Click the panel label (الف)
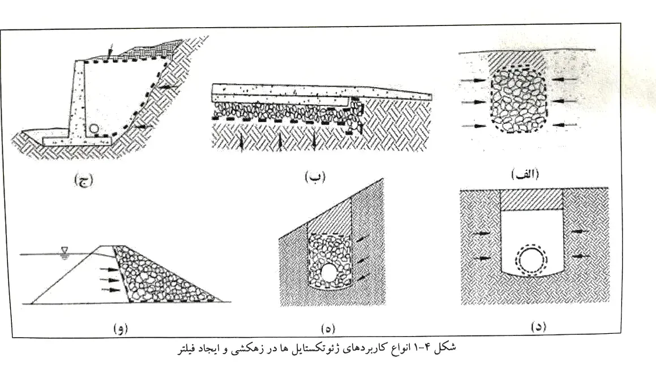coord(525,174)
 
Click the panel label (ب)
coord(315,177)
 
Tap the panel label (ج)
coord(83,180)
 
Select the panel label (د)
coord(538,326)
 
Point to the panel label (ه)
coord(328,329)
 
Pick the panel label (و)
coord(120,329)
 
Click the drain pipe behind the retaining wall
coord(95,128)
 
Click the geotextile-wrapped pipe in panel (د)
coord(530,259)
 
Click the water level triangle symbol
coord(64,250)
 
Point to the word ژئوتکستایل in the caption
coord(321,349)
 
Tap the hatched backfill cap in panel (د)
coord(531,200)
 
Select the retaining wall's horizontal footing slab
coord(77,141)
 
